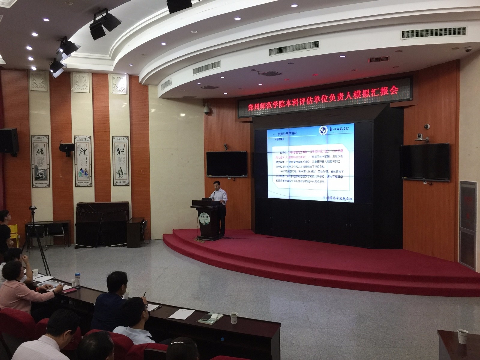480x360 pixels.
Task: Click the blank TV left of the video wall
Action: (227, 163)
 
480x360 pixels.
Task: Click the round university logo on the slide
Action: (323, 131)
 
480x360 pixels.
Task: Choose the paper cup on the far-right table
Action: (462, 336)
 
